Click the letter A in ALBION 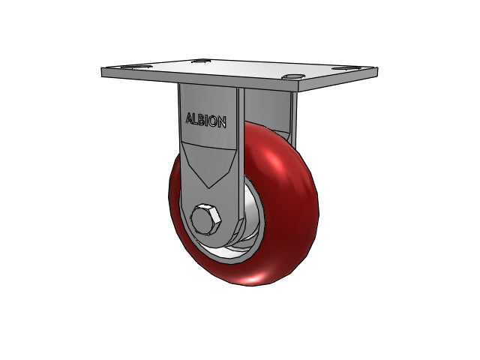coord(190,118)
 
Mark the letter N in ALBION coord(222,121)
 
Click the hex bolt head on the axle coord(205,220)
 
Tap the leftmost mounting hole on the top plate coord(136,67)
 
